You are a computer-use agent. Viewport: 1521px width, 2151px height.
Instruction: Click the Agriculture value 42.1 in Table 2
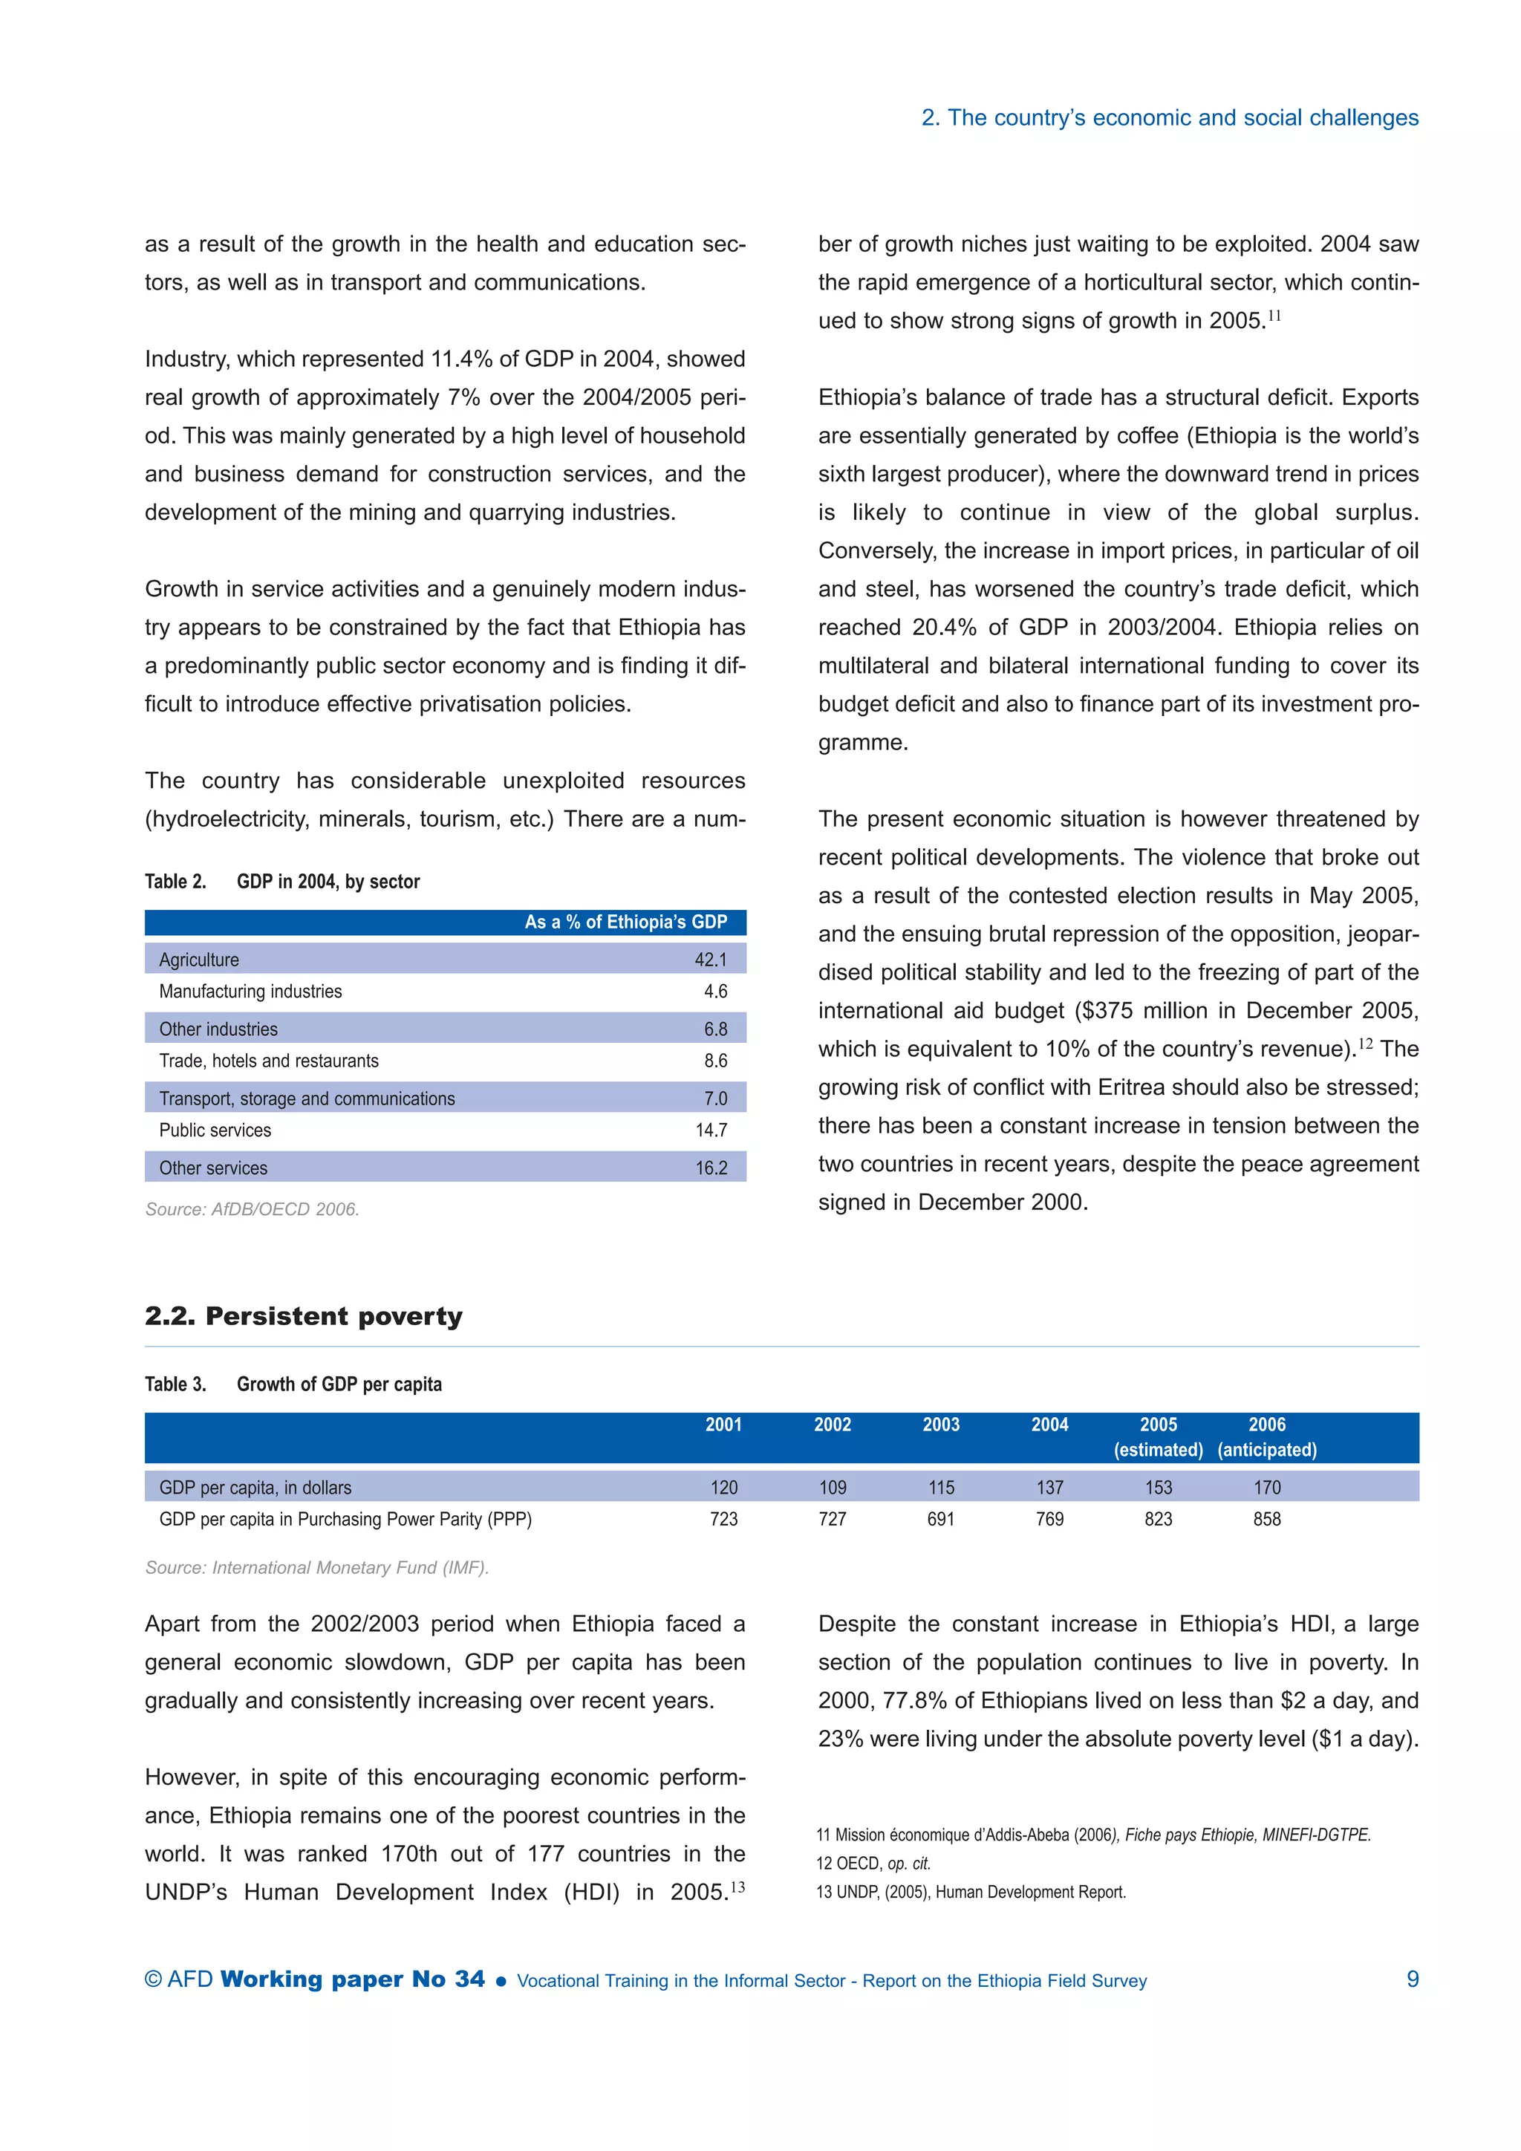pos(710,960)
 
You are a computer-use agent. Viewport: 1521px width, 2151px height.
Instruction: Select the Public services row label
pos(215,1130)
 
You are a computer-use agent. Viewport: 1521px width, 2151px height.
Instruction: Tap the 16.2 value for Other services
pos(711,1168)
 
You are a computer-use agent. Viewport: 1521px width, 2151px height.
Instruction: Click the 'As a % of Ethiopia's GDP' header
pos(625,922)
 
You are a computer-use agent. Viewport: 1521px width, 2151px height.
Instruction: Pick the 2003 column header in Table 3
pos(940,1425)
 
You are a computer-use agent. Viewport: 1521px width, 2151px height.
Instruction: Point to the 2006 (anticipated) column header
pos(1266,1437)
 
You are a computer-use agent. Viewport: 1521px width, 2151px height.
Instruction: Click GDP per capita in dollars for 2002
pos(832,1488)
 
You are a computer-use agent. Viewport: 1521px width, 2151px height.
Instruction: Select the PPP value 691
pos(940,1520)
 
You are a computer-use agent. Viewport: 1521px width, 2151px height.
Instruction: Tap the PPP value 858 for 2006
pos(1266,1520)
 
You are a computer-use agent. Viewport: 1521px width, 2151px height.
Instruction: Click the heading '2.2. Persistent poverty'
pos(304,1316)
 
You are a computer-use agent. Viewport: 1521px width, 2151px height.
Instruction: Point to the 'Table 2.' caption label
pos(175,882)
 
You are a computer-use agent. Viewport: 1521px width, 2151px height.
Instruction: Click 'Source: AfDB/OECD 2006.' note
pos(252,1209)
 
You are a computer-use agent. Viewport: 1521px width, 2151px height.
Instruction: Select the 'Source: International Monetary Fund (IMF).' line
pos(316,1567)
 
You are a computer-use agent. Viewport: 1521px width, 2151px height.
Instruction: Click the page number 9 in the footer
pos(1413,1979)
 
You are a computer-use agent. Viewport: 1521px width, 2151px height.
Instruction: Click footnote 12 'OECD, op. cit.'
pos(873,1864)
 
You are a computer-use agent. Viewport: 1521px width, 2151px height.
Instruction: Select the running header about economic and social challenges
pos(1170,118)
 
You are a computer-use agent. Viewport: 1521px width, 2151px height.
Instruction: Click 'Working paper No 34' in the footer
pos(352,1979)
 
